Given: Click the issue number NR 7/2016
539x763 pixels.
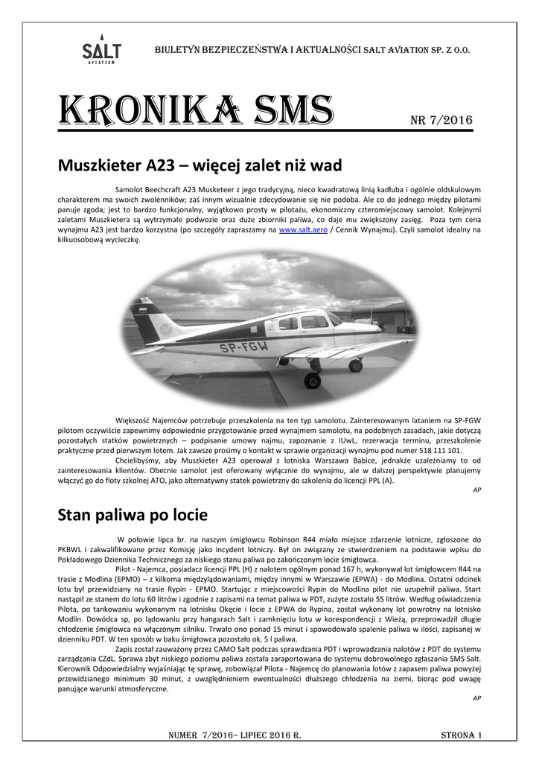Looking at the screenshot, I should (441, 120).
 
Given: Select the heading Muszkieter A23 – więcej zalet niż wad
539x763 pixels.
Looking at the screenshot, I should (200, 165).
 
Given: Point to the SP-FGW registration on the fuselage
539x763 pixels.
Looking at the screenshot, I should (243, 346).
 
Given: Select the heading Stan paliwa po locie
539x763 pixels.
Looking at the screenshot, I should (133, 515).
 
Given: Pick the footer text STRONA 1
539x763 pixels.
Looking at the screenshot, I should (462, 735).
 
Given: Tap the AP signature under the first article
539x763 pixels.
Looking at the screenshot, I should (477, 490).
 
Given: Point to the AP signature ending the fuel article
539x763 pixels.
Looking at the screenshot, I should (477, 697).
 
